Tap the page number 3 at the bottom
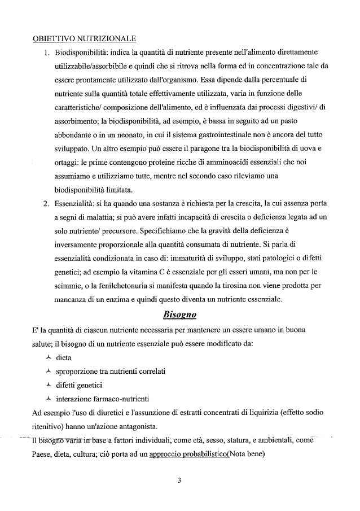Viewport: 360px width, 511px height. click(179, 481)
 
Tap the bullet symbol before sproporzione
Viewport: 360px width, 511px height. click(49, 371)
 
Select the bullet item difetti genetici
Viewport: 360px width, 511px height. click(79, 385)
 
